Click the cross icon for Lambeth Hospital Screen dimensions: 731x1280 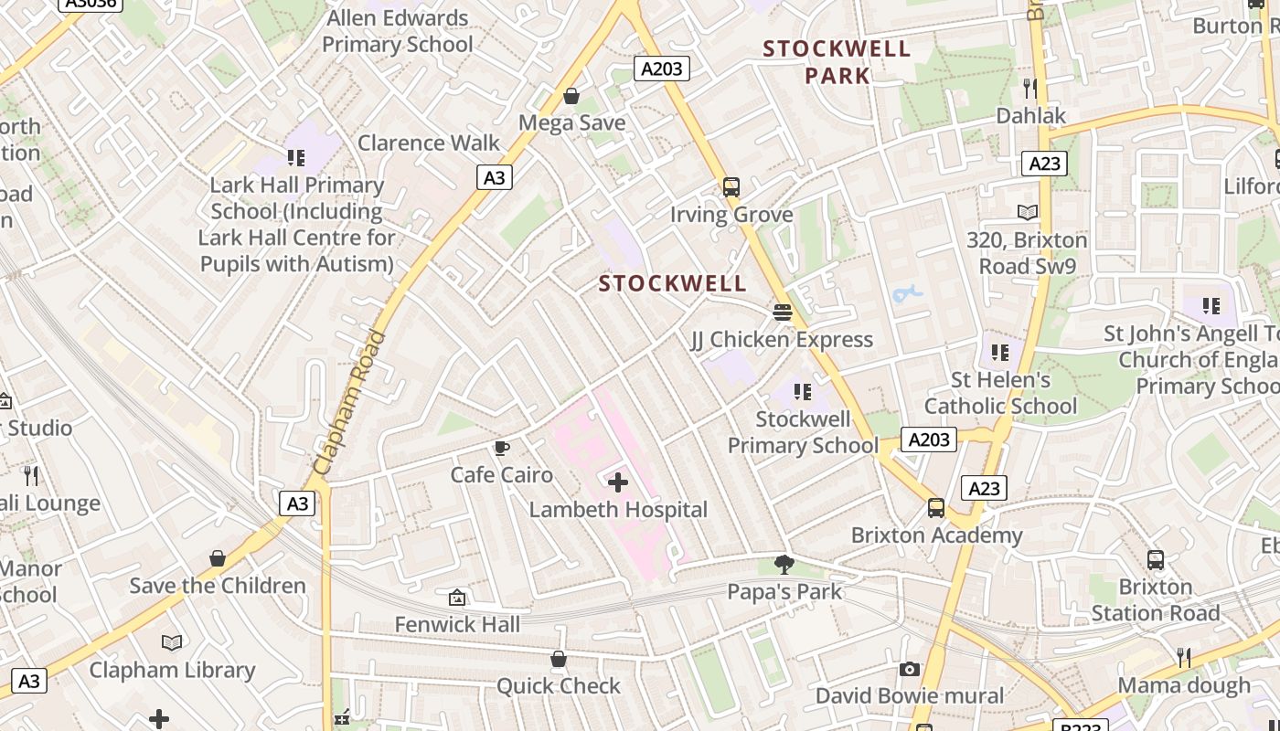[x=618, y=482]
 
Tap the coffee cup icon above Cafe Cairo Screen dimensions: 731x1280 [x=501, y=448]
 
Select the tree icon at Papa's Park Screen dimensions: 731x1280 [x=784, y=564]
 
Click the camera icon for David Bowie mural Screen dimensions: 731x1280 [x=909, y=669]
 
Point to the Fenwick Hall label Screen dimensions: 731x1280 [x=457, y=624]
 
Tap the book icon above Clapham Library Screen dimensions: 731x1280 [x=172, y=642]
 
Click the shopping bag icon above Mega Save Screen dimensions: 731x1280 [x=571, y=96]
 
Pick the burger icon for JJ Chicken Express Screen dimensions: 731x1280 [x=782, y=313]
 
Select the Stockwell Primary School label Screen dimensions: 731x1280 [x=803, y=432]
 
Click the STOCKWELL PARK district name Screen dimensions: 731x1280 [x=837, y=61]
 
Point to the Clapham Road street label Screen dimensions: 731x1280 [x=350, y=402]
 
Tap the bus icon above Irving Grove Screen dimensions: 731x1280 [x=731, y=187]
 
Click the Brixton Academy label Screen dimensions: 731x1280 [x=936, y=535]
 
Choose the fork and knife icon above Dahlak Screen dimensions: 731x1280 [x=1030, y=88]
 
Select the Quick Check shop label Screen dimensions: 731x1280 [x=558, y=685]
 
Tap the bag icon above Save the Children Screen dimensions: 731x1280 [x=218, y=558]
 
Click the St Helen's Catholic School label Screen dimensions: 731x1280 [x=1000, y=392]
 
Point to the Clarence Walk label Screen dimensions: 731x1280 [x=429, y=143]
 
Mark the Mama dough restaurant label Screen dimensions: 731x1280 [x=1184, y=684]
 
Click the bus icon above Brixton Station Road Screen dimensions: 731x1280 [x=1156, y=560]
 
